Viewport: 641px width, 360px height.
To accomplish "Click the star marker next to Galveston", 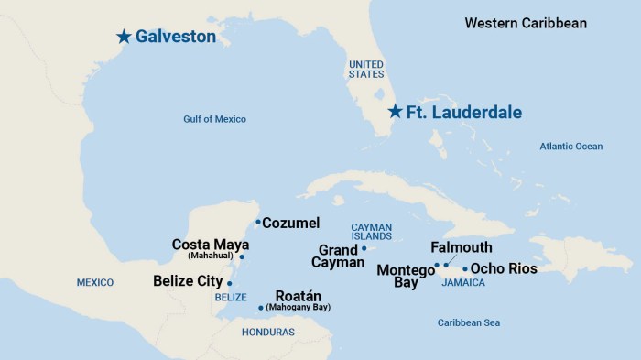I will tap(124, 37).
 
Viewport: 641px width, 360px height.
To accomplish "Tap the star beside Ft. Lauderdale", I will tap(394, 112).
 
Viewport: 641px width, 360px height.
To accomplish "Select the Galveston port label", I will tap(176, 37).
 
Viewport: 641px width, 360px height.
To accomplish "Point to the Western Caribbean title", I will tap(526, 23).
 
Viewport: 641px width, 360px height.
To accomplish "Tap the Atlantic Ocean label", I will tap(570, 146).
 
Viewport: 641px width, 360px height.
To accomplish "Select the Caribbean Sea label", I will tap(468, 322).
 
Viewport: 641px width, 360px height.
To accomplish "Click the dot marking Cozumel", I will tap(258, 222).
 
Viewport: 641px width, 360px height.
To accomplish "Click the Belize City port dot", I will tap(229, 284).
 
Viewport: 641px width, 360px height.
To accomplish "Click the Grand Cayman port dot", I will tap(364, 248).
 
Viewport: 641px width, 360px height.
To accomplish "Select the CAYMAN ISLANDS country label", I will tap(371, 232).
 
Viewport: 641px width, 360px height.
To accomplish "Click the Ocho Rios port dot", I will tap(465, 269).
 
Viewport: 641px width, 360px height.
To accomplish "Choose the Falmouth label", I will tap(461, 247).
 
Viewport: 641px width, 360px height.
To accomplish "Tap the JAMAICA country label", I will tap(462, 283).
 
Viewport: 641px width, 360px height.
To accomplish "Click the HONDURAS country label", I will tap(267, 332).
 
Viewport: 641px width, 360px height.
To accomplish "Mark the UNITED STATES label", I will tap(366, 70).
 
